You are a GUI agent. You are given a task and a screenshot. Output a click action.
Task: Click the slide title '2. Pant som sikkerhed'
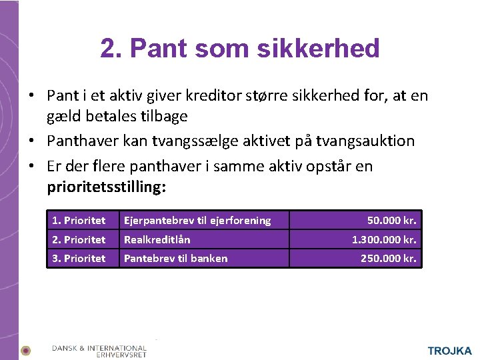[x=240, y=48]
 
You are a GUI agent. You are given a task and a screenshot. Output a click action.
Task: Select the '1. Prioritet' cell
[x=79, y=220]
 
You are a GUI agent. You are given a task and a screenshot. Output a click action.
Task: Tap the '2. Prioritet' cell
[x=79, y=239]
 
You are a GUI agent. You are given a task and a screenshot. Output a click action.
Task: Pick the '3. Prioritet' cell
[x=79, y=258]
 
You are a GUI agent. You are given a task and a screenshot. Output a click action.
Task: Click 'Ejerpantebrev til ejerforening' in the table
[x=197, y=220]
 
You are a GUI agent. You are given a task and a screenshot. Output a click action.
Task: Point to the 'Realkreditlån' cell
[x=157, y=239]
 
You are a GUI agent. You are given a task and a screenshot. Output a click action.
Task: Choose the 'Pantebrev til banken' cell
[x=176, y=258]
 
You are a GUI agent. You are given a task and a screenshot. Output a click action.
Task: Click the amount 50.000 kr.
[x=392, y=220]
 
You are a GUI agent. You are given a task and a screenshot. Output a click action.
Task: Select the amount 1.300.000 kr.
[x=384, y=239]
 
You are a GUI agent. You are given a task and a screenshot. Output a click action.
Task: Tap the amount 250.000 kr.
[x=389, y=258]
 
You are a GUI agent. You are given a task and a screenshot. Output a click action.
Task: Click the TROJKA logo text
[x=449, y=351]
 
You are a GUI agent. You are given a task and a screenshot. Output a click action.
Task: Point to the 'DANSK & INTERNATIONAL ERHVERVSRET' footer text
[x=99, y=351]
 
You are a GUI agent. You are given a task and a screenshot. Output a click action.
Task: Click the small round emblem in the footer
[x=25, y=351]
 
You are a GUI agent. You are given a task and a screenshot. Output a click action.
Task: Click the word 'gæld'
[x=62, y=116]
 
